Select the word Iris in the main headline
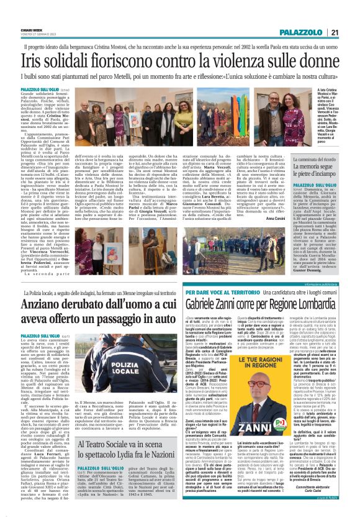[x=37, y=61]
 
